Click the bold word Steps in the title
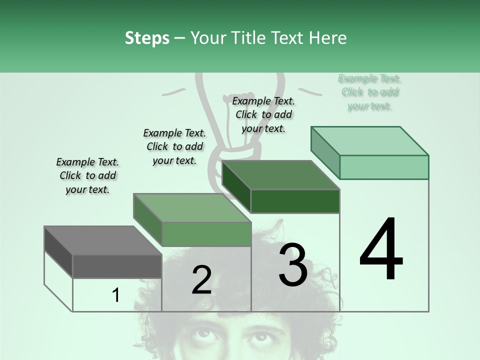pyautogui.click(x=147, y=38)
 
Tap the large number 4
pyautogui.click(x=381, y=250)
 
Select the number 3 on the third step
pyautogui.click(x=293, y=265)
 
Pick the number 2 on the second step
pyautogui.click(x=201, y=280)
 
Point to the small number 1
pyautogui.click(x=116, y=295)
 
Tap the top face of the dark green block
pyautogui.click(x=280, y=175)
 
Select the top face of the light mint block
pyautogui.click(x=370, y=140)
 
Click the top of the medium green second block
pyautogui.click(x=192, y=208)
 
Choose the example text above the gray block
pyautogui.click(x=87, y=175)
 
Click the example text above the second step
pyautogui.click(x=174, y=146)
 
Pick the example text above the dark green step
pyautogui.click(x=263, y=114)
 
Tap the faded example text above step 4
pyautogui.click(x=369, y=92)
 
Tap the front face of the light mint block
pyautogui.click(x=384, y=167)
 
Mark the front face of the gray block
pyautogui.click(x=117, y=266)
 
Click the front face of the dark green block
pyautogui.click(x=295, y=201)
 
